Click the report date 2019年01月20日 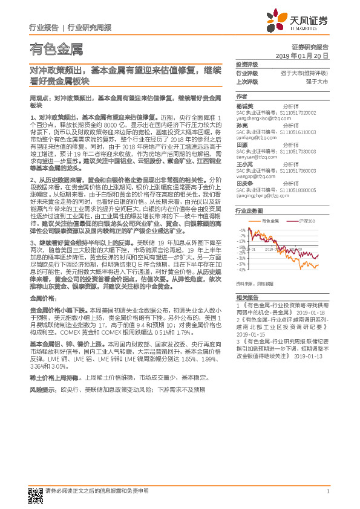(306, 55)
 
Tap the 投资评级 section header (246, 64)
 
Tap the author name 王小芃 (244, 164)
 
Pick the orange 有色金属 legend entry (268, 222)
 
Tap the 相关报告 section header (246, 298)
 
